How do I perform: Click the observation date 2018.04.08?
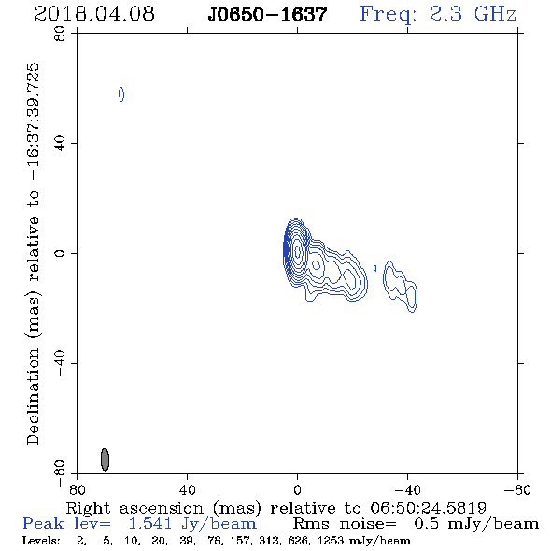tap(94, 14)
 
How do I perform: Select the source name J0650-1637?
tap(267, 15)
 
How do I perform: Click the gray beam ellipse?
tap(105, 459)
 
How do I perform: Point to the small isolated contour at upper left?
tap(121, 94)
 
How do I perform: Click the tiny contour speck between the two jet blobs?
tap(374, 268)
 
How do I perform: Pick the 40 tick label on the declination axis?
tap(60, 144)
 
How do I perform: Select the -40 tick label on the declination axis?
tap(60, 363)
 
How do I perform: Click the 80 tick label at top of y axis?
tap(60, 34)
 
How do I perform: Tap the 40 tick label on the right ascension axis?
tap(187, 490)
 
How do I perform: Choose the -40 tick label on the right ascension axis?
tap(407, 490)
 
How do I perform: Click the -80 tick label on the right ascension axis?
tap(517, 490)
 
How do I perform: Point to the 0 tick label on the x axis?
tap(297, 490)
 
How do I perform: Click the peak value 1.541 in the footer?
tap(150, 524)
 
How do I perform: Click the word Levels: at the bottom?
tap(41, 541)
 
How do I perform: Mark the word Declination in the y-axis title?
tap(33, 396)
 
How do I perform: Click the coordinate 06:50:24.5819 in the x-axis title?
tap(428, 508)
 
